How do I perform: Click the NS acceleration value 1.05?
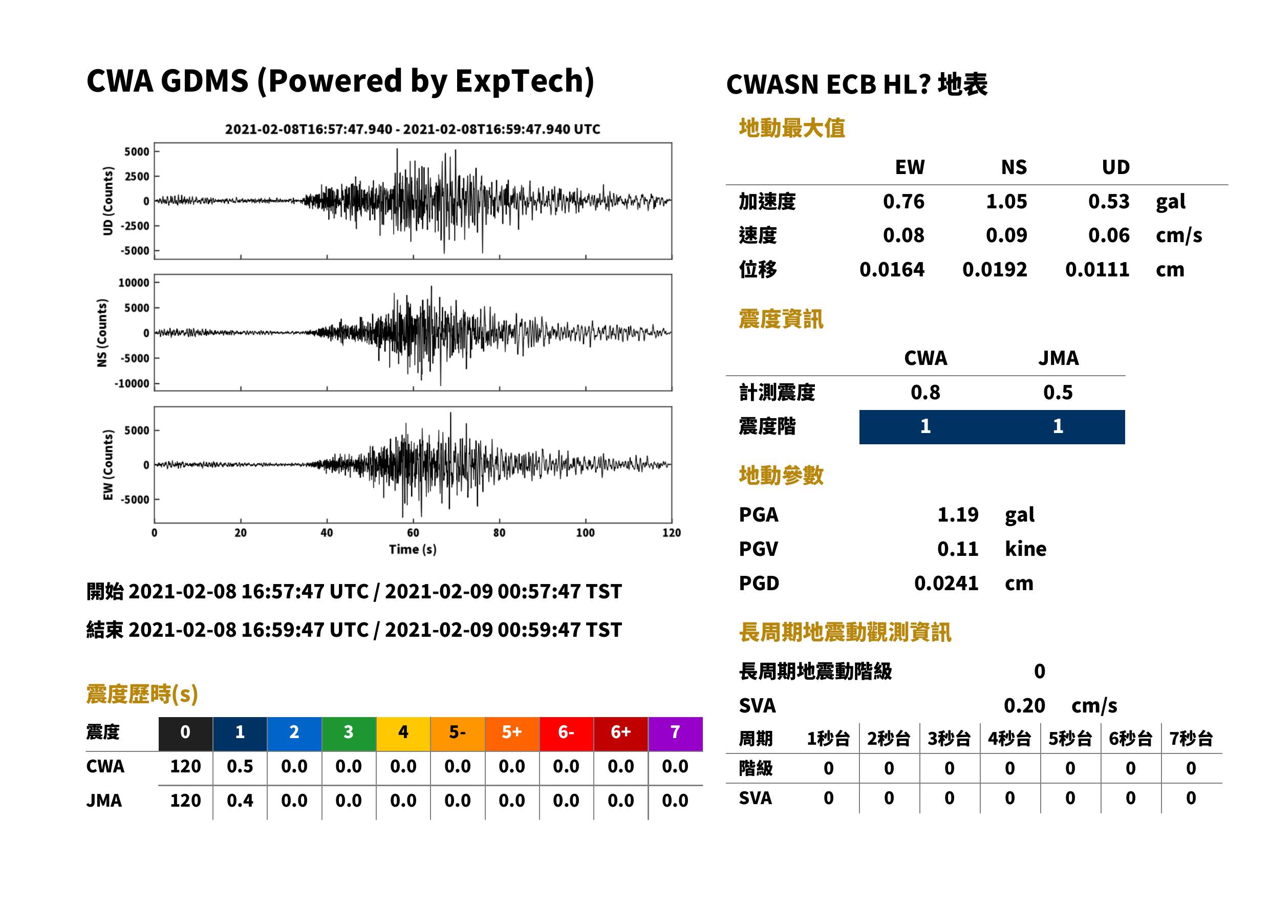tap(1006, 202)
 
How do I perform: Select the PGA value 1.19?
tap(958, 514)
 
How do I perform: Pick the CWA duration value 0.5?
tap(240, 766)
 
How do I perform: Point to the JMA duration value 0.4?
tap(240, 801)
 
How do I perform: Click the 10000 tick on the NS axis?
tap(134, 283)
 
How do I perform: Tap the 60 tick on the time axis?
tap(413, 533)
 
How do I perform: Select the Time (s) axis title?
tap(413, 550)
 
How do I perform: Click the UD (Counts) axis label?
tap(108, 201)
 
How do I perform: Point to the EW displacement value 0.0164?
tap(891, 270)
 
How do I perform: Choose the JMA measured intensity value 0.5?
tap(1058, 393)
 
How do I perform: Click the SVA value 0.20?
tap(1024, 706)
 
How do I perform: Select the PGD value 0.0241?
tap(946, 584)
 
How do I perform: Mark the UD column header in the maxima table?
tap(1115, 167)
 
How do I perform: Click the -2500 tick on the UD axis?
tap(135, 226)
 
